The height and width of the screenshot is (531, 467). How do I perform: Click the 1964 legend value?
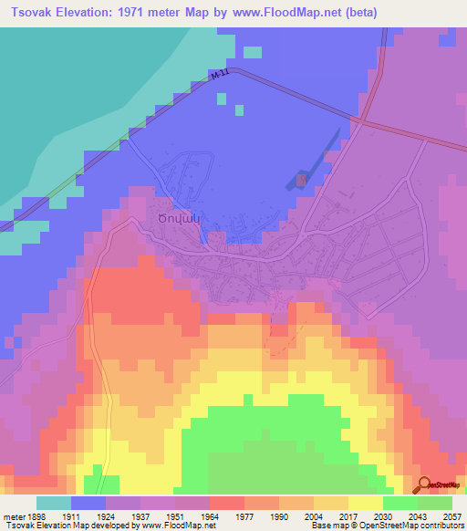209,515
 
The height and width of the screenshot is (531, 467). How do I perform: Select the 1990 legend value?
279,515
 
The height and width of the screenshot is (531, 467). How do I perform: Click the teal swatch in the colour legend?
53,503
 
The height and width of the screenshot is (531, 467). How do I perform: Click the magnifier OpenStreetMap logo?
424,485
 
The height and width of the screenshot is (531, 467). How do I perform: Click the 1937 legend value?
139,515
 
